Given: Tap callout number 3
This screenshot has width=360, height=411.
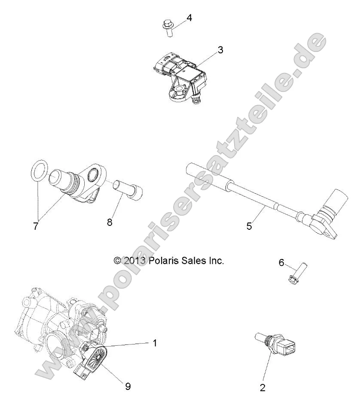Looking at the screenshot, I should tap(220, 50).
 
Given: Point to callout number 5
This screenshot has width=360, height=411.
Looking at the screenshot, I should tap(249, 226).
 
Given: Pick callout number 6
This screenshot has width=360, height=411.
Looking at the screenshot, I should tap(281, 262).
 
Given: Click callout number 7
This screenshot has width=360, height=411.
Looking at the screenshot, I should tap(36, 226).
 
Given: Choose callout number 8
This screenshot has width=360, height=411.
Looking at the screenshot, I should tap(110, 222).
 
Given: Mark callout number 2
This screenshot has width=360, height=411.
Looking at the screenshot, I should tap(263, 388).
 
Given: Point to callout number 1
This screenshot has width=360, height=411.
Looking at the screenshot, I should tap(155, 343).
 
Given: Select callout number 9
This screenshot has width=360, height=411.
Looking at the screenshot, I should tap(128, 387).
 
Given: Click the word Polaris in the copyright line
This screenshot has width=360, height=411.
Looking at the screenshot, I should tap(164, 261).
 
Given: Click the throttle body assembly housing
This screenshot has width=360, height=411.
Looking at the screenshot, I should tap(47, 326).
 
